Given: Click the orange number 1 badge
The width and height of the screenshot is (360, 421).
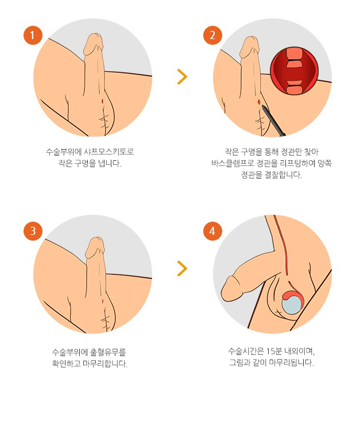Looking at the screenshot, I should tap(33, 36).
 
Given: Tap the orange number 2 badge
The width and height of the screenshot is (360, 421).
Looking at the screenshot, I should tap(212, 36).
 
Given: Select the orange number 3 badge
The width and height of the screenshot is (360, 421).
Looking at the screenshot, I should tap(33, 231).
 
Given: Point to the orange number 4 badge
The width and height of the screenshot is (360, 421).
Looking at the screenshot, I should tap(212, 231).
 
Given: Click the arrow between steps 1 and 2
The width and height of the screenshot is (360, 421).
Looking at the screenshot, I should tap(182, 77).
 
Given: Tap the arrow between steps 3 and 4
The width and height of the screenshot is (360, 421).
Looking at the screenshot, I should tap(182, 268).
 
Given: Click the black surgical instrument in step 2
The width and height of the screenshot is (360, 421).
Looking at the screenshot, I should tap(273, 120).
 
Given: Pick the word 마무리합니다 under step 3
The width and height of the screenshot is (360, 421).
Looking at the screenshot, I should tap(104, 364).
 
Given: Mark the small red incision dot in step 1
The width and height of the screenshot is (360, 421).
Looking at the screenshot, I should tap(102, 102).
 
